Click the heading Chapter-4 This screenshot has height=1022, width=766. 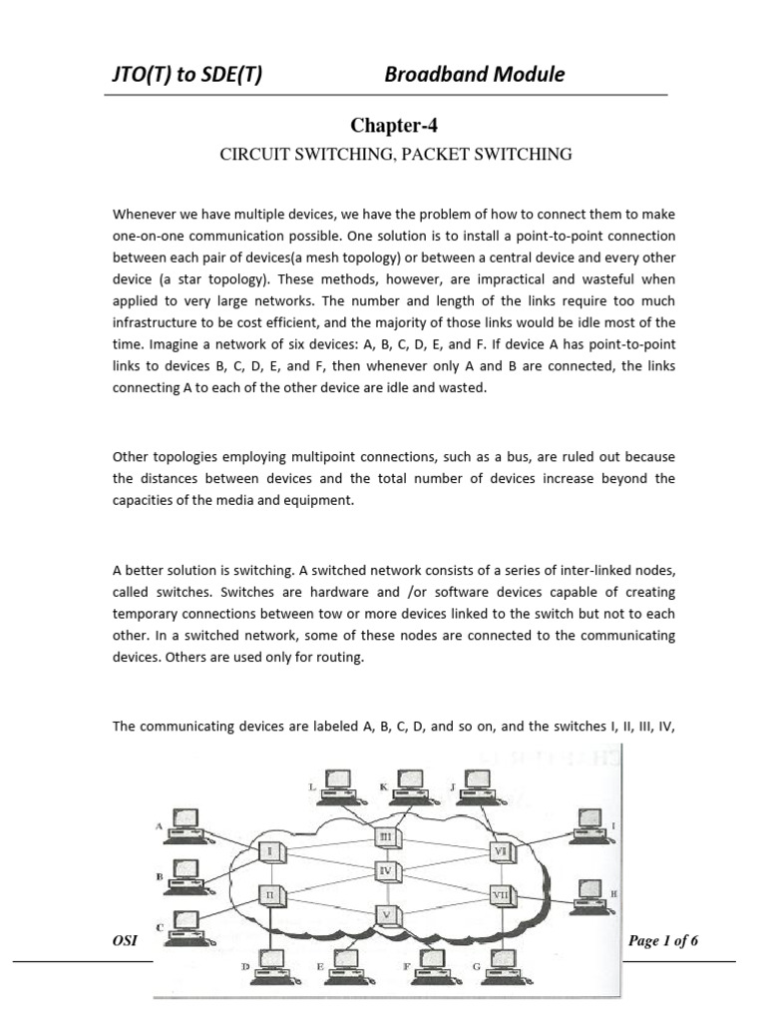[393, 125]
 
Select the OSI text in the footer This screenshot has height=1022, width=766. [125, 941]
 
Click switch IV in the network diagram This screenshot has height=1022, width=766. [386, 871]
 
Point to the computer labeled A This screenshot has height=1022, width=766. [186, 821]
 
